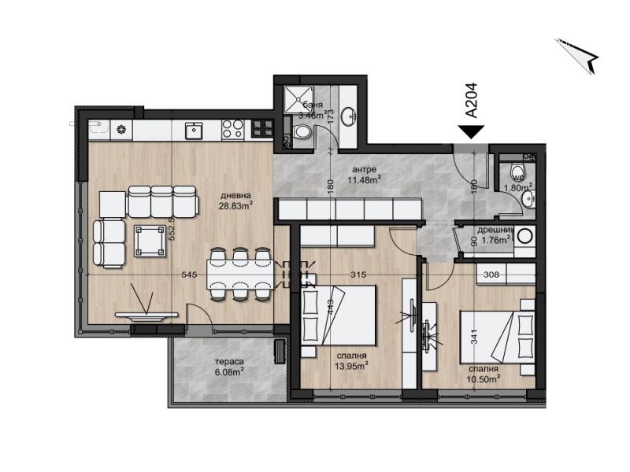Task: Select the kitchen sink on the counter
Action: [194, 129]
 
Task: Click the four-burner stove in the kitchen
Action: [232, 129]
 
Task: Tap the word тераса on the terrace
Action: [227, 363]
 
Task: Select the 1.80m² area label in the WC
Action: [518, 188]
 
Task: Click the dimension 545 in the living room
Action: [188, 275]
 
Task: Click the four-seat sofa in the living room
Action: [161, 203]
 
